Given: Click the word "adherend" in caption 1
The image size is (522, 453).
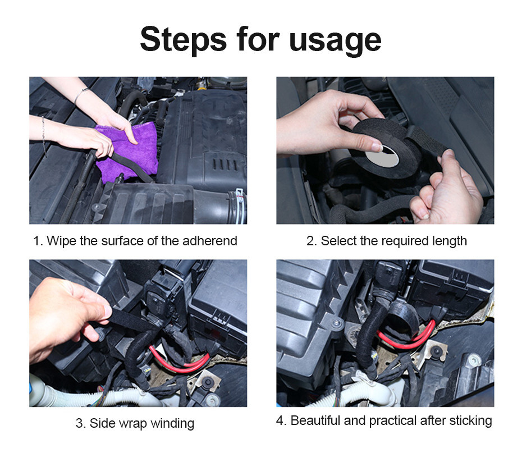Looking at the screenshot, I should click(x=209, y=241).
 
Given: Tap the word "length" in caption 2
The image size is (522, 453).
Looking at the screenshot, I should click(x=447, y=241).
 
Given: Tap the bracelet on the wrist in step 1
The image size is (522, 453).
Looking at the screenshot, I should click(x=81, y=94).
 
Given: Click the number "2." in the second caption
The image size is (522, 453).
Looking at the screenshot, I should click(x=312, y=241).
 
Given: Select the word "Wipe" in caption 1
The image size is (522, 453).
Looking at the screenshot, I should click(x=59, y=241).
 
